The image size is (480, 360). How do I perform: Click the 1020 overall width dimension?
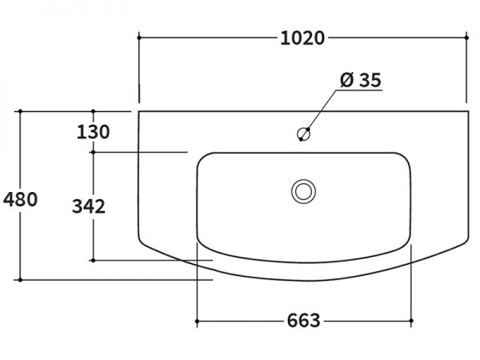[x=302, y=38]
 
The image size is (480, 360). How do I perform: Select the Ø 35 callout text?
[x=361, y=80]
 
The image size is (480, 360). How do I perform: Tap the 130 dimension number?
[x=93, y=132]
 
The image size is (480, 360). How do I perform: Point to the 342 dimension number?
[x=89, y=206]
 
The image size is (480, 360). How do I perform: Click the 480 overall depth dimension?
[x=20, y=199]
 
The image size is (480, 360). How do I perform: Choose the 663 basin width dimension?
[x=304, y=321]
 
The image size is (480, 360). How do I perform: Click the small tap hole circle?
[x=304, y=134]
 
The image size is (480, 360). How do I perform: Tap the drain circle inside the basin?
[x=303, y=191]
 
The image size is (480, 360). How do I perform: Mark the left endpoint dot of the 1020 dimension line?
[x=139, y=38]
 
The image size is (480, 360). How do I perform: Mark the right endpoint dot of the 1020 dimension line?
[x=466, y=38]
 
